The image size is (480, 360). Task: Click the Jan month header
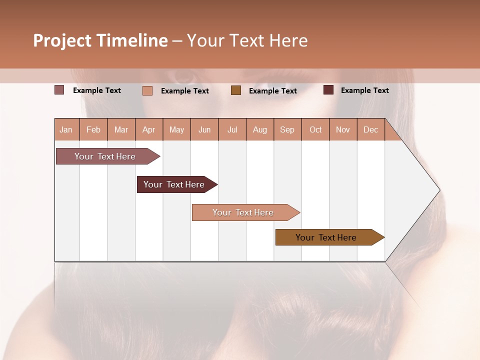point(66,130)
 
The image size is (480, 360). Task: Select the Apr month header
point(149,130)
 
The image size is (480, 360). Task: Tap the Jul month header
point(232,130)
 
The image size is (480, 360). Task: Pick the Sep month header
point(287,130)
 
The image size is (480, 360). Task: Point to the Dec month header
point(370,130)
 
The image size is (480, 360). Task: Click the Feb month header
point(93,130)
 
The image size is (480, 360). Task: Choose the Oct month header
point(315,130)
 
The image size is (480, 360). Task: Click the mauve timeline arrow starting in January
point(105,156)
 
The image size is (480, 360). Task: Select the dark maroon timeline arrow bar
point(174,184)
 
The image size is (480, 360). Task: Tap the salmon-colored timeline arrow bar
point(243,212)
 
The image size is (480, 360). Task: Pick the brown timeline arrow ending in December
point(326,237)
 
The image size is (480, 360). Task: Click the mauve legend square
point(59,90)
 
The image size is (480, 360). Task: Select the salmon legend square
point(147,90)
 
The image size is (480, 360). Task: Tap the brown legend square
point(236,90)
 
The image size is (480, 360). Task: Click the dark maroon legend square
point(328,90)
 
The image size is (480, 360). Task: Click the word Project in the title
point(62,40)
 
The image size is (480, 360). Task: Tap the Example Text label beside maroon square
point(364,90)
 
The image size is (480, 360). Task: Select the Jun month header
point(204,130)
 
